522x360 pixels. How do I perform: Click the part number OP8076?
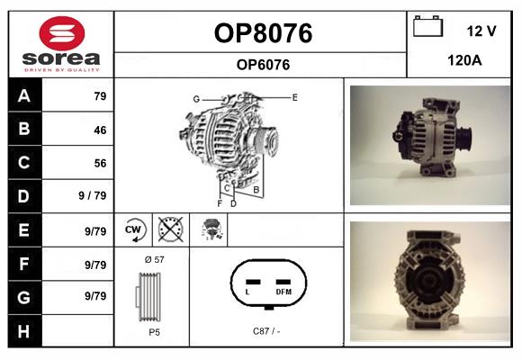coord(263,33)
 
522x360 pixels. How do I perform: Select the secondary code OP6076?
coord(263,64)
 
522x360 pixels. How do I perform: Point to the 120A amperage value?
coord(465,62)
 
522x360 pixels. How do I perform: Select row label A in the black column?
coord(24,96)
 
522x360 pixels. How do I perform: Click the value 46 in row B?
coord(99,130)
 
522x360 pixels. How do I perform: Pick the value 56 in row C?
coord(99,163)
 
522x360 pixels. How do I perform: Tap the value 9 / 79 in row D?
coord(93,195)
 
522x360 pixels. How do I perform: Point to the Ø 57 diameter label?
coord(153,259)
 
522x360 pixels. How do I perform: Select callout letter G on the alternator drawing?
coord(195,98)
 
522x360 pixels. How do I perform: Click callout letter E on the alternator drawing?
coord(294,95)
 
